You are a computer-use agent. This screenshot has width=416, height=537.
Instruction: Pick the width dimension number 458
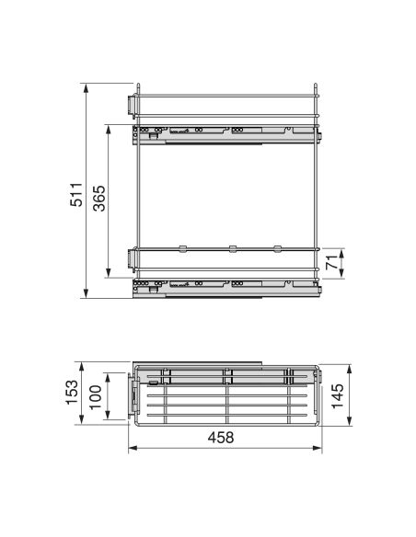(222, 438)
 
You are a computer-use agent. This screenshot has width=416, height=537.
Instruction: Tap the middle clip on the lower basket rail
(230, 247)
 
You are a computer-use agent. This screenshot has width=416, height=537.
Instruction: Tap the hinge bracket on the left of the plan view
(135, 396)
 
